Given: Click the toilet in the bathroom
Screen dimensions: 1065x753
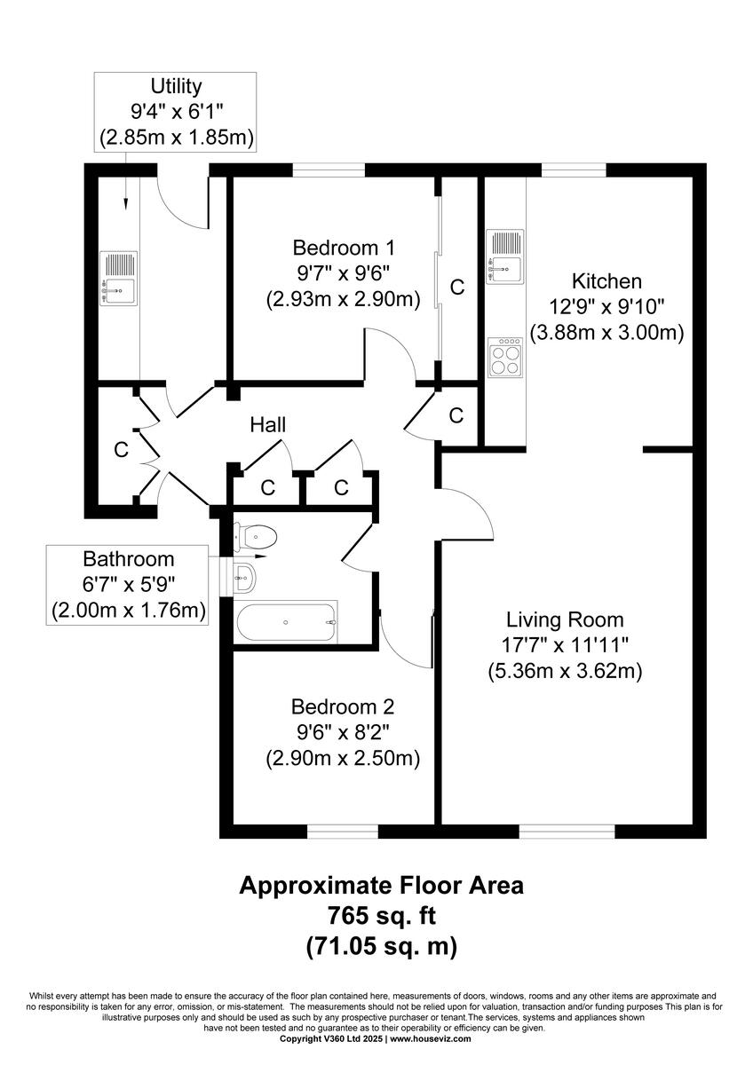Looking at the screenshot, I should [x=258, y=536].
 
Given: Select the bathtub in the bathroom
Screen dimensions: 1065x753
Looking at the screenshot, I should [x=286, y=622].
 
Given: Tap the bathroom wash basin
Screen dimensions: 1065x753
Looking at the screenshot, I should [x=246, y=579].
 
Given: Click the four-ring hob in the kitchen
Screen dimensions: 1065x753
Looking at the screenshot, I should [x=507, y=359].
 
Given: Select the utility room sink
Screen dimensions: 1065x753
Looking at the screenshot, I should [x=119, y=277].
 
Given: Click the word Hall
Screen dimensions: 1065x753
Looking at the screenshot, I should [x=267, y=425].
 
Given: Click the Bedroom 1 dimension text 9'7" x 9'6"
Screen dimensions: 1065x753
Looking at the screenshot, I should [x=342, y=273].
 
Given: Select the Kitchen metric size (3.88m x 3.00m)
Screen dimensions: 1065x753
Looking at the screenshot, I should [x=606, y=334].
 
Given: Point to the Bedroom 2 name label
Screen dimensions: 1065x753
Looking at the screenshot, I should [x=342, y=707].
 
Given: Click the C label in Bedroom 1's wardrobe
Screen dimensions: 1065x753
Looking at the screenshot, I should [x=457, y=287].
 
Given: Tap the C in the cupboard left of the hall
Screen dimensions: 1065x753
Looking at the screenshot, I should [x=121, y=450].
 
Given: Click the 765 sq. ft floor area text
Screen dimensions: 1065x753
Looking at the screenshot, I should [x=382, y=915].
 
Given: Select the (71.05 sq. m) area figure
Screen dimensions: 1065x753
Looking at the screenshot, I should [x=382, y=946].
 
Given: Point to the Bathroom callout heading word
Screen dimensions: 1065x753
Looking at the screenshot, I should [x=129, y=559].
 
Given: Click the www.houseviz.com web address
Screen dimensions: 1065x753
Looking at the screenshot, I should [x=435, y=1038].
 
